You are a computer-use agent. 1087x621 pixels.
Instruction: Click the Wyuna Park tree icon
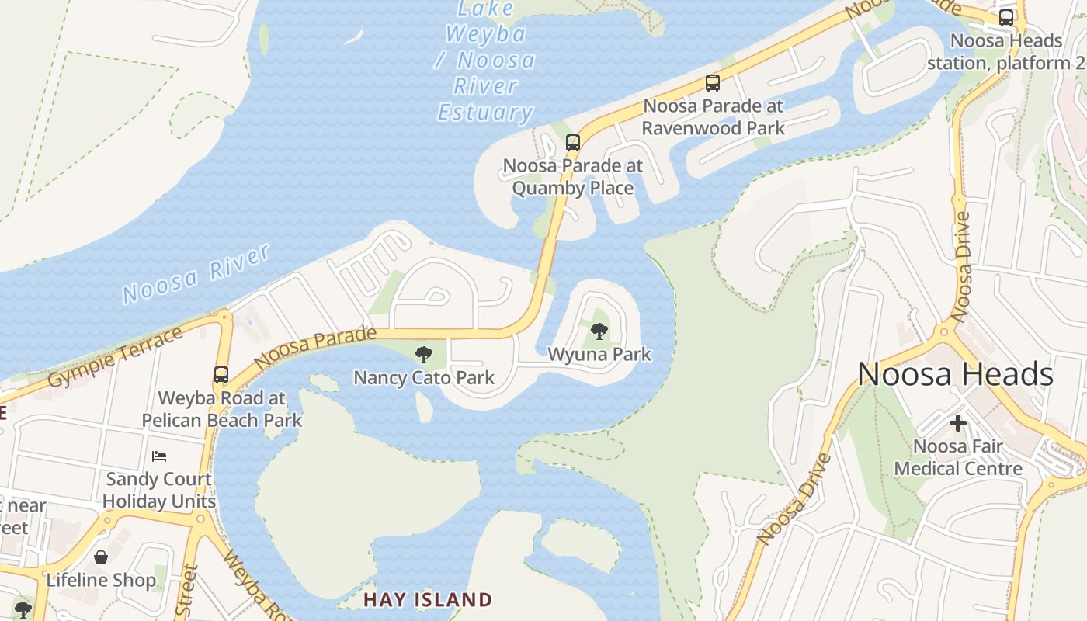pos(599,331)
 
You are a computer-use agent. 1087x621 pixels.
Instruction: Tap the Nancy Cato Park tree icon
pos(424,355)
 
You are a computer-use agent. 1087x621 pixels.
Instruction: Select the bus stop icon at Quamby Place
pos(573,143)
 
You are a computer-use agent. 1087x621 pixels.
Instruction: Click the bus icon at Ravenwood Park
pos(713,83)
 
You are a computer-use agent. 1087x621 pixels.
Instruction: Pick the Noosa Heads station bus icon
pos(1006,17)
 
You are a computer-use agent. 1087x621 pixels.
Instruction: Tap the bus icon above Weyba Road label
pos(221,375)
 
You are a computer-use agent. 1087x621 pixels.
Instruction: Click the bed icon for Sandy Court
pos(159,456)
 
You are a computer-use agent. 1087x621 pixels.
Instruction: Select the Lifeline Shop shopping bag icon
pos(101,557)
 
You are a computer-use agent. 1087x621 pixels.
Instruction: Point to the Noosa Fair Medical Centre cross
pos(958,423)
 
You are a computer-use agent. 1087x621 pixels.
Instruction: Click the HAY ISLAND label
pos(428,600)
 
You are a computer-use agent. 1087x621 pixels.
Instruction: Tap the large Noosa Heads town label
pos(955,375)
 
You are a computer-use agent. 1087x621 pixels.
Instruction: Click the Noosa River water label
pos(196,272)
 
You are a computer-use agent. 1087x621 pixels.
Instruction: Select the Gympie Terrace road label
pos(116,358)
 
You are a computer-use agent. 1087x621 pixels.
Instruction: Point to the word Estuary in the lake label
pos(485,113)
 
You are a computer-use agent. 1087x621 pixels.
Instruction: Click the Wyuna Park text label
pos(599,355)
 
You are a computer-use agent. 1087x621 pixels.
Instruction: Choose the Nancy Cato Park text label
pos(424,378)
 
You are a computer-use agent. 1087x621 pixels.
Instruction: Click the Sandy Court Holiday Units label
pos(159,490)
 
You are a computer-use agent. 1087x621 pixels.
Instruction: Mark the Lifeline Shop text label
pos(101,580)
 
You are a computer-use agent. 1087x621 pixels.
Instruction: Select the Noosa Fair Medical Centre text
pos(958,457)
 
